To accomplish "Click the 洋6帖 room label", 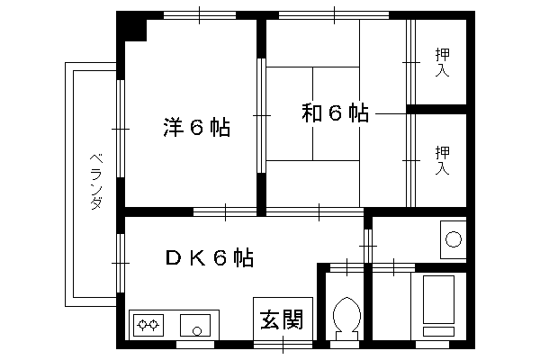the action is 196,128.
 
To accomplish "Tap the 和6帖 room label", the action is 335,113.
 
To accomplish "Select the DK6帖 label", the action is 210,257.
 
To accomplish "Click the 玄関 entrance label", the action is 282,319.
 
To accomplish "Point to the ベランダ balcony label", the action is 96,182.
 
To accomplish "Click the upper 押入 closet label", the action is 442,62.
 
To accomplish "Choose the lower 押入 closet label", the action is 442,160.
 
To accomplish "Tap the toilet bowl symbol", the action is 346,318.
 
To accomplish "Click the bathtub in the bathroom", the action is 438,300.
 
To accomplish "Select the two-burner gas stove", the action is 148,325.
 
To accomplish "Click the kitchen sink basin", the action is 195,325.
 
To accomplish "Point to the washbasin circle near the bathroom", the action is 454,239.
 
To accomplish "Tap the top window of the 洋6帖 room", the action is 200,15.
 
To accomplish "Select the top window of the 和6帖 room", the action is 334,15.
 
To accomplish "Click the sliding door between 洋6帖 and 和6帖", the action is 262,115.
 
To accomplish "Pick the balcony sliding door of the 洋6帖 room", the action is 121,129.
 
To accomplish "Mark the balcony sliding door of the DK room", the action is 121,263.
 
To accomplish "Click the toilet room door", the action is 346,267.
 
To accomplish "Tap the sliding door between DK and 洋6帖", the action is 225,211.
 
